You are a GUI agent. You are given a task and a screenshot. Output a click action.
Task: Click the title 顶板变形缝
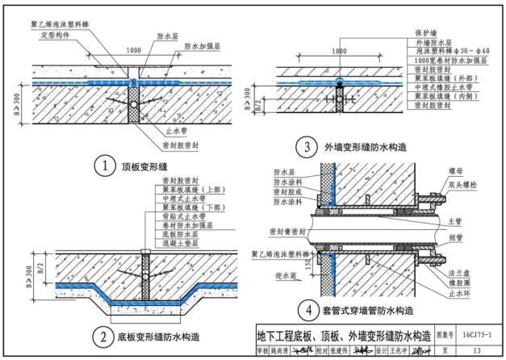point(144,165)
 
